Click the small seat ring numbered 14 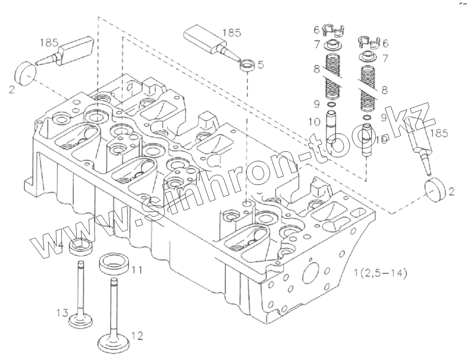(81, 247)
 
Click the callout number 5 (261, 64)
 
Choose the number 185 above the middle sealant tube (232, 33)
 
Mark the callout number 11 (135, 270)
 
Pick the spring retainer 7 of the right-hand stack (368, 58)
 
